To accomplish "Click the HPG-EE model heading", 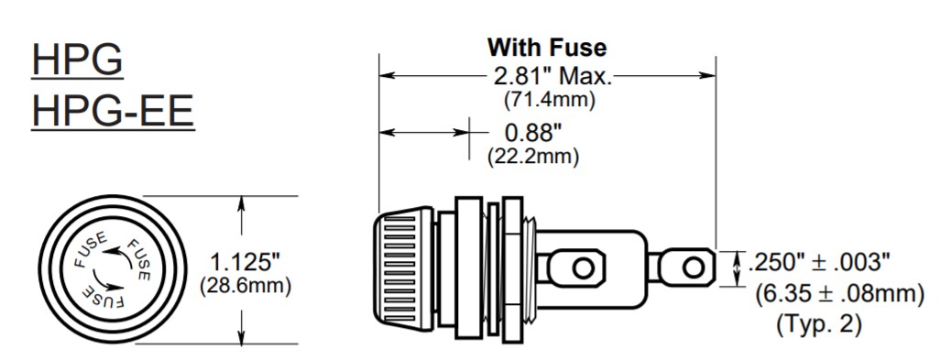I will coord(113,112).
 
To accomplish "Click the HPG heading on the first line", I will coord(77,60).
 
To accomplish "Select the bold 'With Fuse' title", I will coord(546,47).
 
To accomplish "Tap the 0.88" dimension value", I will coord(531,132).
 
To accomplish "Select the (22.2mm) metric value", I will coord(532,156).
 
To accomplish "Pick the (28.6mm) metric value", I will coord(246,286).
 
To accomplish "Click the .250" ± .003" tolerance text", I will coord(819,262).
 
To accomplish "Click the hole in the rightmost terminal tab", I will coord(694,267).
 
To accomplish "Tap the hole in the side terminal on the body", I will coord(583,267).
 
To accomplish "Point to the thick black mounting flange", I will coord(470,267).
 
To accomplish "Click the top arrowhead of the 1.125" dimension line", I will coord(242,202).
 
